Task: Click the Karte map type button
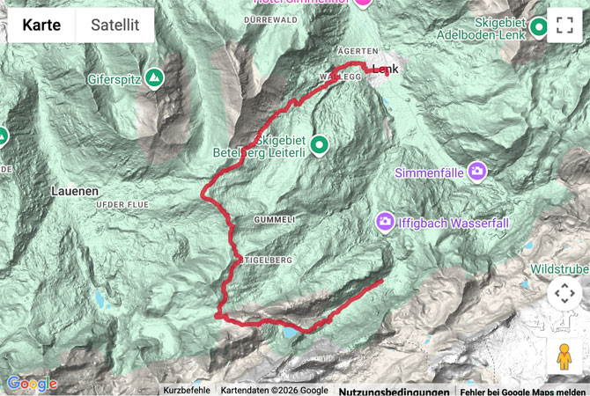[x=41, y=26]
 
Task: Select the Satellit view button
[x=114, y=26]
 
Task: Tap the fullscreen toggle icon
[x=564, y=26]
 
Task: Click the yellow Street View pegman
[x=564, y=356]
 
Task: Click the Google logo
[x=32, y=384]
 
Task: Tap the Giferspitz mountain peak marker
[x=155, y=79]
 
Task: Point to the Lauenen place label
[x=74, y=191]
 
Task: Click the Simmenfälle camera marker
[x=477, y=170]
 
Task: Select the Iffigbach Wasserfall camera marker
[x=385, y=221]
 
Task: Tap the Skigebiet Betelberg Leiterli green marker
[x=319, y=144]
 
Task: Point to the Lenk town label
[x=387, y=70]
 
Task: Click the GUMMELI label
[x=269, y=217]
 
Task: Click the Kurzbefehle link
[x=187, y=390]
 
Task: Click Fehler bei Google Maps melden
[x=522, y=390]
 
